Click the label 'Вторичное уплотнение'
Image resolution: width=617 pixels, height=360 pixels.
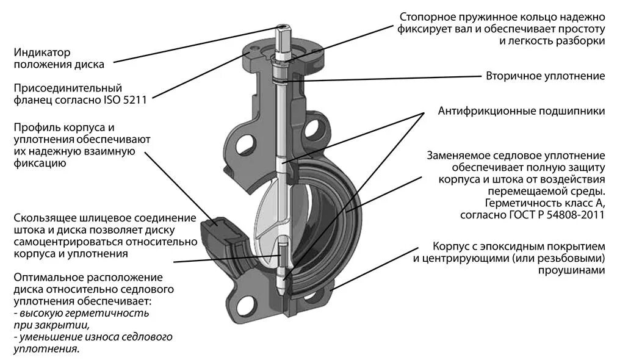pos(545,76)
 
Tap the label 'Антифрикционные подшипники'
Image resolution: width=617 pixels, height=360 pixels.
pos(521,111)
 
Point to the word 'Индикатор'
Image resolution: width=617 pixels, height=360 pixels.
pos(42,52)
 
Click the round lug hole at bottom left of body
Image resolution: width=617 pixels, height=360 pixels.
pos(247,303)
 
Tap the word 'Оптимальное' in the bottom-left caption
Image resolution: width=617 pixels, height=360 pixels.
pos(44,277)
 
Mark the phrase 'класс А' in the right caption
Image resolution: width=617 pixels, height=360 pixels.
pos(586,203)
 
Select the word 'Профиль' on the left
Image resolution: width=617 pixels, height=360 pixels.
pos(34,128)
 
